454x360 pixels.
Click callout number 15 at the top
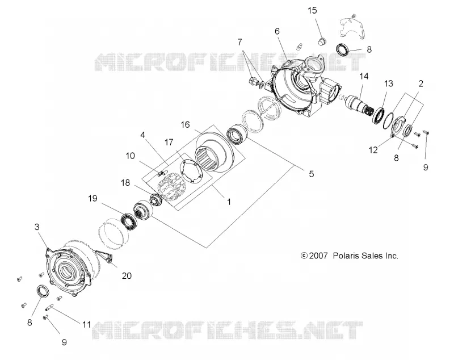click(312, 11)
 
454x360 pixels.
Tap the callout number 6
click(277, 31)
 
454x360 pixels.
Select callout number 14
click(364, 76)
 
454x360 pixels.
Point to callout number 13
click(388, 83)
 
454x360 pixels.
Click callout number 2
click(421, 83)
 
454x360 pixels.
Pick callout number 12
click(373, 150)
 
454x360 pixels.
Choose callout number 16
click(186, 124)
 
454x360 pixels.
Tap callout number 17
click(169, 142)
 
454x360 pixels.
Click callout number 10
click(131, 156)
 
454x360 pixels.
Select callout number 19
click(93, 198)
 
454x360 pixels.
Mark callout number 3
click(37, 227)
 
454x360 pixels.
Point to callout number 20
click(127, 276)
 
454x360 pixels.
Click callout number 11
click(87, 324)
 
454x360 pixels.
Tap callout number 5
click(311, 174)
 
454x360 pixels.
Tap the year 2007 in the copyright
click(318, 256)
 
